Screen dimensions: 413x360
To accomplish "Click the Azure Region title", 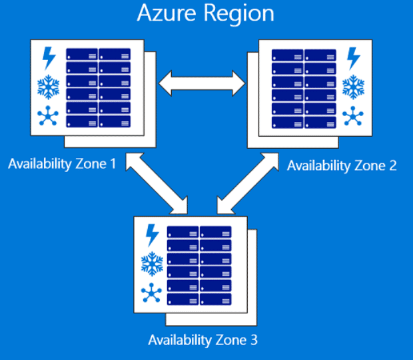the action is click(x=205, y=14).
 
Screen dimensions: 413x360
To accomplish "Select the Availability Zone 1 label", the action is click(x=62, y=164).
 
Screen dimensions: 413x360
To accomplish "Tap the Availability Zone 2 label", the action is click(x=342, y=166).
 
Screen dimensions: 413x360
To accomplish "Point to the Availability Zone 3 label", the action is click(x=203, y=340).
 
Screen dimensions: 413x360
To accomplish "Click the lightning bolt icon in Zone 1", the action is click(x=49, y=58).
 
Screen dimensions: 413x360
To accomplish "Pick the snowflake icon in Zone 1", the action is click(x=49, y=87).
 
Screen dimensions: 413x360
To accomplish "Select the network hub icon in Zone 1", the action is click(x=48, y=116).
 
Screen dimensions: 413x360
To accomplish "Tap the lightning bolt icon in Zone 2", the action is click(x=353, y=59).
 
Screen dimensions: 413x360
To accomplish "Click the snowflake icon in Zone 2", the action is click(x=353, y=87).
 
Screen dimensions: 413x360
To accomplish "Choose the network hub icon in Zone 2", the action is click(x=353, y=116).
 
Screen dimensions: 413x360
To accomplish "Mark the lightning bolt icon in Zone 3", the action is click(x=153, y=235).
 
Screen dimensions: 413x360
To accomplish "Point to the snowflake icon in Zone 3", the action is click(x=152, y=264).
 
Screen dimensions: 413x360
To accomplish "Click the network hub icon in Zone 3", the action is click(x=151, y=293).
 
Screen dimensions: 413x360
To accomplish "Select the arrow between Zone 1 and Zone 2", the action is click(x=202, y=83).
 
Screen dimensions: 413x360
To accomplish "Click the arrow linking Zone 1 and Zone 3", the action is click(x=157, y=183).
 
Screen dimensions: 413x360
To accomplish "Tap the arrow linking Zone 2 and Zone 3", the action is click(x=248, y=183).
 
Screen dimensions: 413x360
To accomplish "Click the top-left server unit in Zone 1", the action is click(x=82, y=54).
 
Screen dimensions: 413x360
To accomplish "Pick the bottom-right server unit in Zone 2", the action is click(x=320, y=123).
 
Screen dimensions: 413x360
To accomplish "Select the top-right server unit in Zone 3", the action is click(x=215, y=232).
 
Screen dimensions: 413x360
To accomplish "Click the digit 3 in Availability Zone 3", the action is click(x=254, y=340).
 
